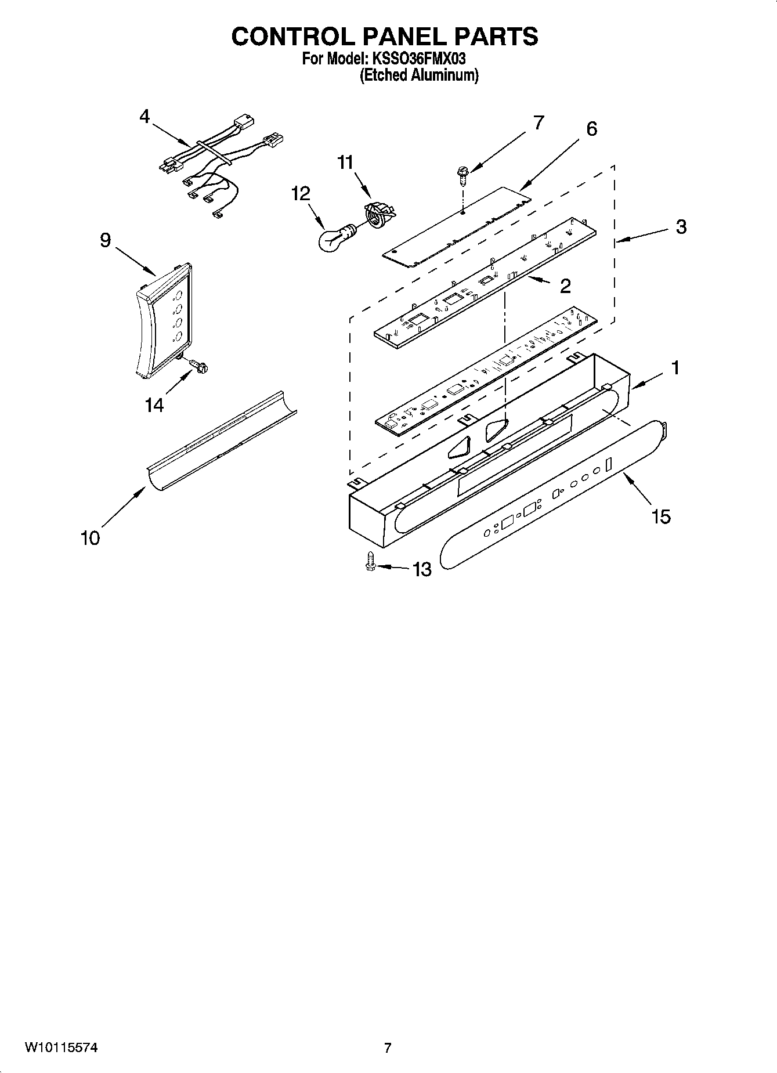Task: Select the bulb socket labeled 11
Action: [x=378, y=216]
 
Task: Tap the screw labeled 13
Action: [x=370, y=562]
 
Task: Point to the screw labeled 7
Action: [x=462, y=174]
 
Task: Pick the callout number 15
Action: [x=660, y=516]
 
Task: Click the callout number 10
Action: [x=90, y=538]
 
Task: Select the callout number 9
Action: [x=105, y=240]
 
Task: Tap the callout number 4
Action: [x=144, y=116]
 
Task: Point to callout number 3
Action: [x=681, y=227]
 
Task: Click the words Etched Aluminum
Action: [x=419, y=75]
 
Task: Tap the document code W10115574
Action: [x=61, y=1047]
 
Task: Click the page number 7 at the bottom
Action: [x=388, y=1047]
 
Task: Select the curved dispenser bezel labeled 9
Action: [x=162, y=325]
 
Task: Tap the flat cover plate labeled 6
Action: [x=458, y=226]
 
